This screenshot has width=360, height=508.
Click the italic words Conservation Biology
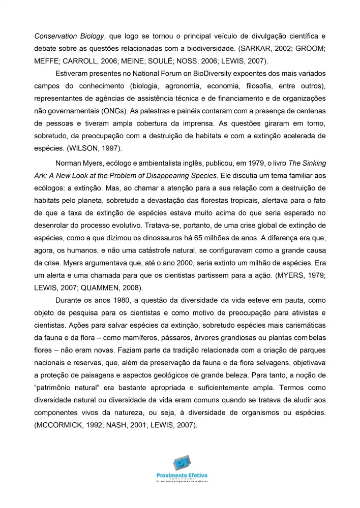[x=69, y=36]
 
